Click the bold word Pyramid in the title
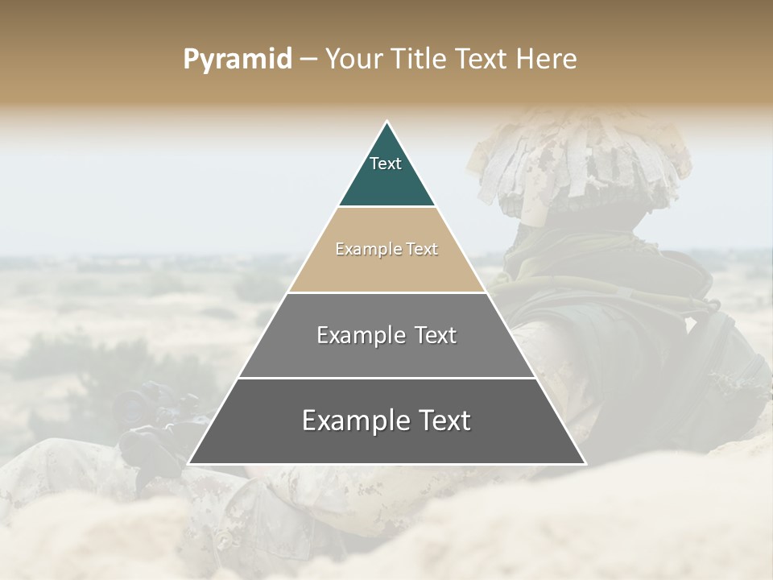pos(237,60)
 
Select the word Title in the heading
pos(419,60)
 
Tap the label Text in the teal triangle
pos(386,164)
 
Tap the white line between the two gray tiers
pos(386,378)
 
